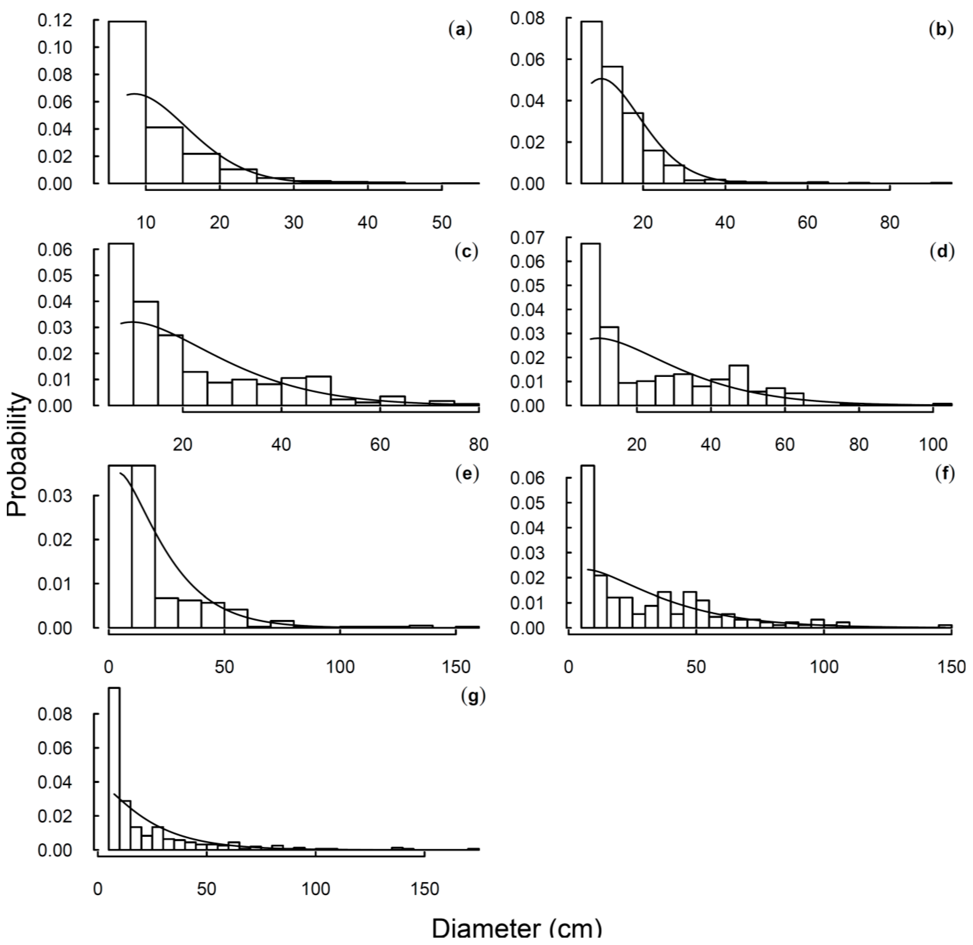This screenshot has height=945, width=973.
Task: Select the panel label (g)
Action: (x=473, y=697)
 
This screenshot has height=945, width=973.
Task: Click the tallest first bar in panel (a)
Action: (x=127, y=102)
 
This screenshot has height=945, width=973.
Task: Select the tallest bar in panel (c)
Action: (x=121, y=325)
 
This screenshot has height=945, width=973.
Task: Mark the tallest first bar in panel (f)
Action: (x=588, y=547)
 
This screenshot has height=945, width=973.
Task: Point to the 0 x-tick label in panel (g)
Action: (x=98, y=889)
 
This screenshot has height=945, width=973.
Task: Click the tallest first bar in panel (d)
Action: (x=590, y=325)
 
